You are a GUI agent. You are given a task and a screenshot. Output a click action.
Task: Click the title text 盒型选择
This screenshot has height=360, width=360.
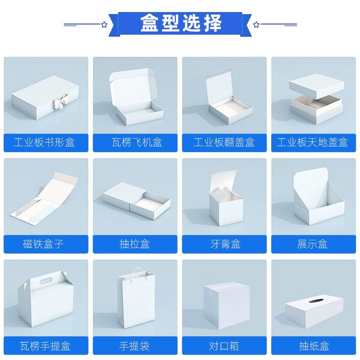click(180, 23)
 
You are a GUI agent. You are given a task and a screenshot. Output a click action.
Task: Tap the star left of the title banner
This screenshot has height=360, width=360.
click(104, 24)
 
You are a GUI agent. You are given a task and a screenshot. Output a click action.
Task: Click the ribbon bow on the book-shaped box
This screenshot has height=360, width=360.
click(59, 103)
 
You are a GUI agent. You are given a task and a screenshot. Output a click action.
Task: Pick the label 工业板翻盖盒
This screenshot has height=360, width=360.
click(224, 143)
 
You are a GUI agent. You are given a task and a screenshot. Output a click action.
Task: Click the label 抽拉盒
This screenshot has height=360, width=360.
click(135, 244)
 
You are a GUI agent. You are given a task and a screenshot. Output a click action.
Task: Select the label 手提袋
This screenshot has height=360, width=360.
click(135, 346)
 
